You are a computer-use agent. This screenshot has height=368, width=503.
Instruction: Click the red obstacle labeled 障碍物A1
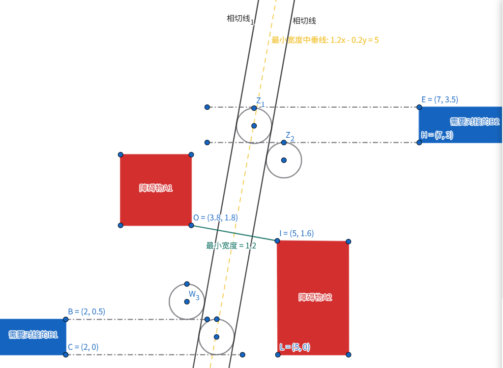156,190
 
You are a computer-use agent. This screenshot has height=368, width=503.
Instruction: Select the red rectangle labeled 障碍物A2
313,298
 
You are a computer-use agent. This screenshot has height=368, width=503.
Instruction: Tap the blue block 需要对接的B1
33,337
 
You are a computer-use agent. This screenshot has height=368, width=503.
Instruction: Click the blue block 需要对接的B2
460,125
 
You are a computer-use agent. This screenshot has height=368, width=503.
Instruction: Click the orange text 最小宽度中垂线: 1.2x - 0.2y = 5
325,40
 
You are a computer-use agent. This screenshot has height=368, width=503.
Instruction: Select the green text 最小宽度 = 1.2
231,245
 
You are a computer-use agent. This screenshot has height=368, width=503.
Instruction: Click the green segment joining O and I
234,233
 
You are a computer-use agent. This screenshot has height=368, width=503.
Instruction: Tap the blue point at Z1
254,108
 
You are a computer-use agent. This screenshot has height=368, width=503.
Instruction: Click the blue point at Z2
284,142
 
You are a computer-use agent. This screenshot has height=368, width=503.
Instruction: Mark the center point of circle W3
187,302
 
